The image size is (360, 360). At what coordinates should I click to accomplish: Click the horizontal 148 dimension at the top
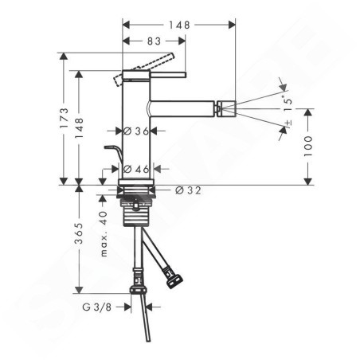click(180, 25)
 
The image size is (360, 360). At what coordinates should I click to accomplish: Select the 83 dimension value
click(154, 41)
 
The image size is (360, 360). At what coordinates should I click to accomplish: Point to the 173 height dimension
click(64, 118)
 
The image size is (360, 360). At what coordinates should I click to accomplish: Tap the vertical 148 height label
click(79, 128)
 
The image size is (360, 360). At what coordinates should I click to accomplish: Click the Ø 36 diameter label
click(136, 131)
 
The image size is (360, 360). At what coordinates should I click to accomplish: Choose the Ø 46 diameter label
click(136, 169)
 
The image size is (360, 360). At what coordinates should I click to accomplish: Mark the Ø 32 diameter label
click(188, 190)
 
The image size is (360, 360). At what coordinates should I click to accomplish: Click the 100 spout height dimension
click(308, 146)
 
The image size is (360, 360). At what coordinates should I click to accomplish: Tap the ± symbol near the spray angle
click(288, 123)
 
